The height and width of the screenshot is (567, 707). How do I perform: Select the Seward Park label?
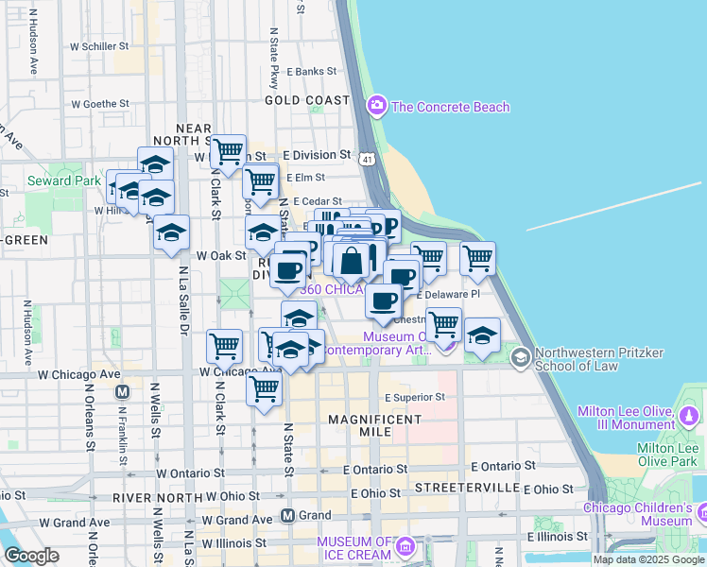[x=64, y=180]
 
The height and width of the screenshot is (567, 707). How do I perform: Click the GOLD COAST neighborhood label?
[x=307, y=100]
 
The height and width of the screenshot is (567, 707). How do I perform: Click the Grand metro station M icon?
[x=288, y=516]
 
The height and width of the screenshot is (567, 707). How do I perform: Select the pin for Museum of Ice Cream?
[x=405, y=546]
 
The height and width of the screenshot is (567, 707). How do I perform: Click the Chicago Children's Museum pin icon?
[x=704, y=514]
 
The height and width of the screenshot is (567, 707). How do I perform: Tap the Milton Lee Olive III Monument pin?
[x=689, y=414]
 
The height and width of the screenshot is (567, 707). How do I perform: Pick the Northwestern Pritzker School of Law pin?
[x=520, y=358]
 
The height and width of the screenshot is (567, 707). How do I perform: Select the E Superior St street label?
[x=414, y=397]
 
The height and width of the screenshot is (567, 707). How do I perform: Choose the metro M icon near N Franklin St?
[x=121, y=391]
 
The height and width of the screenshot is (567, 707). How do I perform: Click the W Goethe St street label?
[x=98, y=104]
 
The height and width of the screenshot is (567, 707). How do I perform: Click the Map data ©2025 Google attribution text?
[x=647, y=559]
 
